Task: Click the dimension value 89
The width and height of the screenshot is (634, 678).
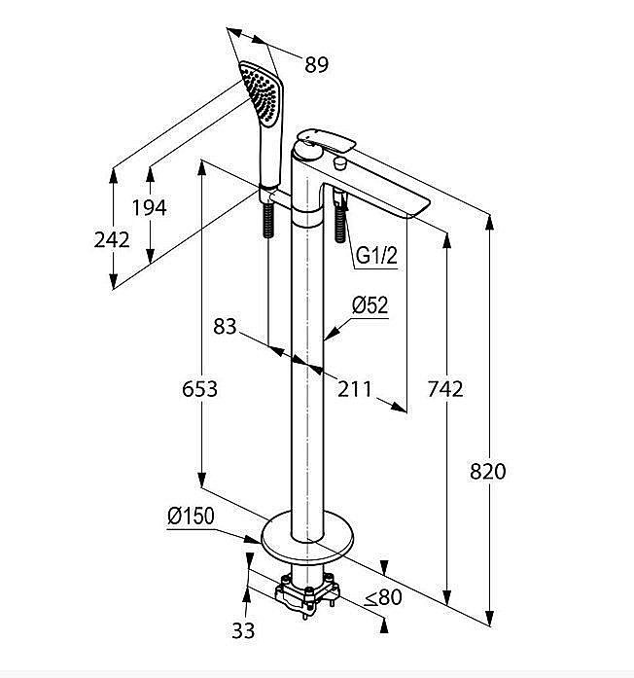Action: point(316,65)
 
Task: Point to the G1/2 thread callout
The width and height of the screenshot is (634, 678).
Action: point(376,256)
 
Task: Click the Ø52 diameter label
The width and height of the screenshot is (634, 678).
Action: point(370,304)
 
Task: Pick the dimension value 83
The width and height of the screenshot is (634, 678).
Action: point(225,328)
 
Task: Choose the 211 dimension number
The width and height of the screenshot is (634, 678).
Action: point(355,389)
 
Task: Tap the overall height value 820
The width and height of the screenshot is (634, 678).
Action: point(487,472)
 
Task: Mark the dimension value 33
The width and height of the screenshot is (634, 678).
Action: point(243,630)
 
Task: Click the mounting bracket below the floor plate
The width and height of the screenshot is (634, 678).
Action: point(307,592)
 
